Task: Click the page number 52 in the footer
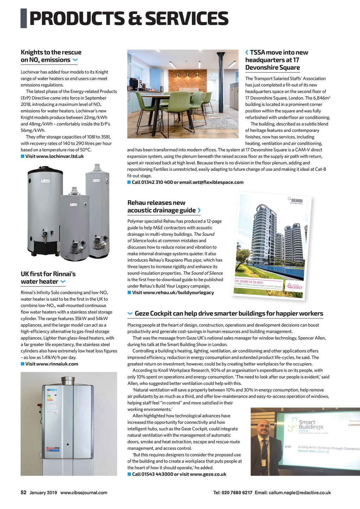click(24, 492)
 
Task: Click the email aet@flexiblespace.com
click(218, 182)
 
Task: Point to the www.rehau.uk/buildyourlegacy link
click(178, 292)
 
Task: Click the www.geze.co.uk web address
click(208, 474)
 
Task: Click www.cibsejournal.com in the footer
click(84, 492)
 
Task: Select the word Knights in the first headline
click(32, 52)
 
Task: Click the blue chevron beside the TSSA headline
click(247, 53)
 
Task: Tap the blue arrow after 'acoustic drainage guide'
click(199, 210)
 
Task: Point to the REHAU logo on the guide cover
click(296, 201)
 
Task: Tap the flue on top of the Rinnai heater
click(68, 381)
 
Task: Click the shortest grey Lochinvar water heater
click(75, 225)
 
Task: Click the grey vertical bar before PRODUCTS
click(24, 19)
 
